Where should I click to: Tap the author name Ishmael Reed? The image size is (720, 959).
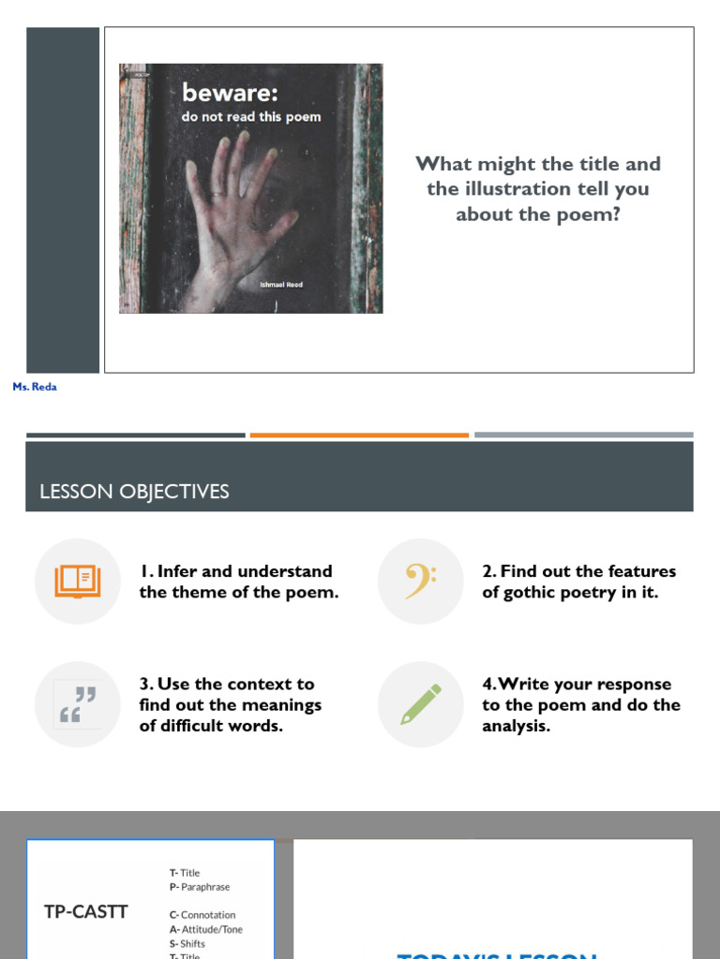281,285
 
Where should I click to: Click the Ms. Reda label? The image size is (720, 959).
35,387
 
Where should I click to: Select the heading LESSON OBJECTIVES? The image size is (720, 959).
134,492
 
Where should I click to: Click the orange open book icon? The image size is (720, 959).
78,582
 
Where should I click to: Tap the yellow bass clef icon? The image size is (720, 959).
420,582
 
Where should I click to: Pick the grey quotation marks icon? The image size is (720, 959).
78,704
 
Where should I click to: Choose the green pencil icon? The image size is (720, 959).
420,704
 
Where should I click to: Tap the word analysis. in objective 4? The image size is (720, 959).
517,726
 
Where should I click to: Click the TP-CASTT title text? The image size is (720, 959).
86,911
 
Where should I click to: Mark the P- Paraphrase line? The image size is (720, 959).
200,887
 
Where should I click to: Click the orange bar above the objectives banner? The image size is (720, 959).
359,435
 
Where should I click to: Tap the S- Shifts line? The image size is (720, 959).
187,943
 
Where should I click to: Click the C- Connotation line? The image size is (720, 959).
202,915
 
